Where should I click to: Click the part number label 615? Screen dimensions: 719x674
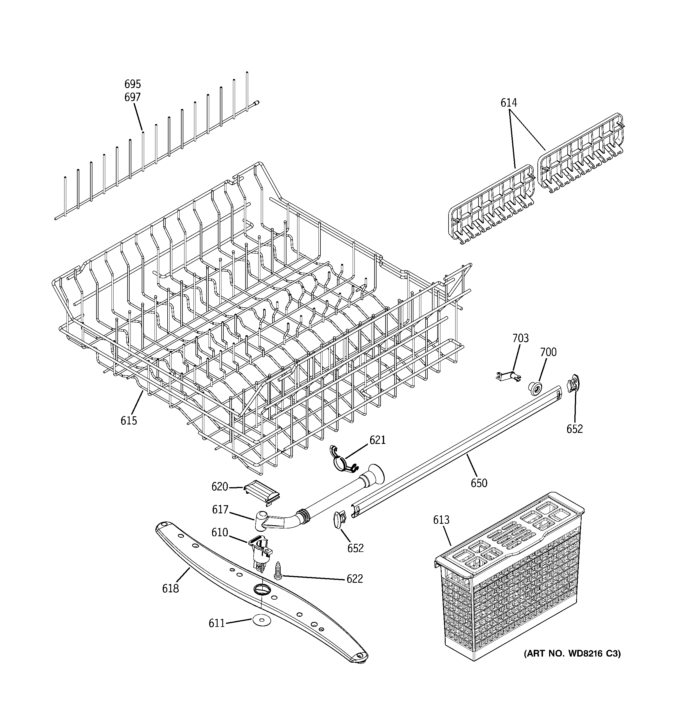pos(129,420)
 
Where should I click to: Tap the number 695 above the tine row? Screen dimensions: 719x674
pos(132,84)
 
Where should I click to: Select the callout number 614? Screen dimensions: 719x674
pos(509,103)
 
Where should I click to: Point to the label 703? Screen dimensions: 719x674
pos(520,338)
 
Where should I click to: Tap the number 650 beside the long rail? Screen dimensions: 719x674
pos(479,483)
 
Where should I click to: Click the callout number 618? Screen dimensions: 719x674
pos(171,589)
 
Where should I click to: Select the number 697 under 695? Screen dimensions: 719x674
pos(132,97)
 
